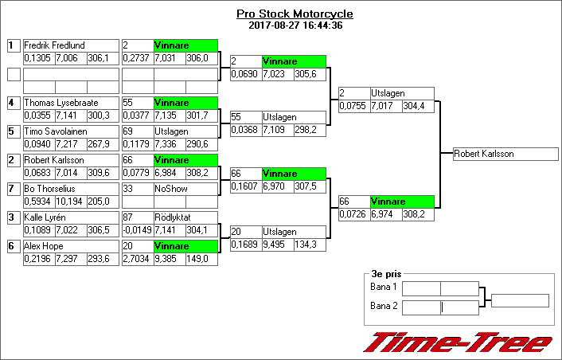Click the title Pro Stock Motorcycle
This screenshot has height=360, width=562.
[x=295, y=14]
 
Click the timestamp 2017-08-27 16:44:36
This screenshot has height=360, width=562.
[x=295, y=25]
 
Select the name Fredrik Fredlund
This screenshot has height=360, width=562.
[x=54, y=45]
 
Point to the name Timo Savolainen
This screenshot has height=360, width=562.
[x=53, y=131]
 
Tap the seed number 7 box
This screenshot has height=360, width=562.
[x=13, y=189]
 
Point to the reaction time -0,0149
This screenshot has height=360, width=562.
[x=137, y=229]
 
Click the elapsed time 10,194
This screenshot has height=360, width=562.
[x=70, y=201]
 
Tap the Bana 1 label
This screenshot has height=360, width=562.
[x=384, y=287]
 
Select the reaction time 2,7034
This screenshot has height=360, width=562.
[x=137, y=258]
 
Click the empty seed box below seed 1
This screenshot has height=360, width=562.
[x=13, y=74]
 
